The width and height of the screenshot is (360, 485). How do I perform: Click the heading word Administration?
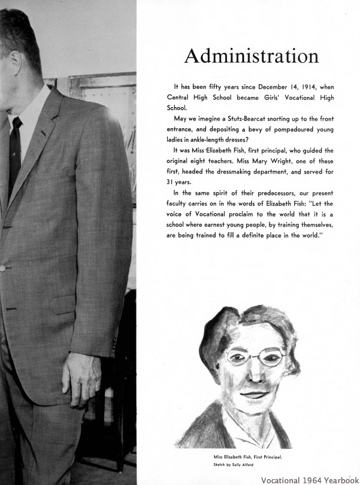click(251, 56)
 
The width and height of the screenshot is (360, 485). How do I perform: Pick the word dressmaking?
click(236, 172)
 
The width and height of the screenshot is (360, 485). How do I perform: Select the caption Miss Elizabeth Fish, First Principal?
click(248, 457)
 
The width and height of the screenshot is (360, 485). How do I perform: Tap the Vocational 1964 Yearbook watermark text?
click(310, 479)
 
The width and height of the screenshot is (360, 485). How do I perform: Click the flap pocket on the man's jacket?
click(64, 303)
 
